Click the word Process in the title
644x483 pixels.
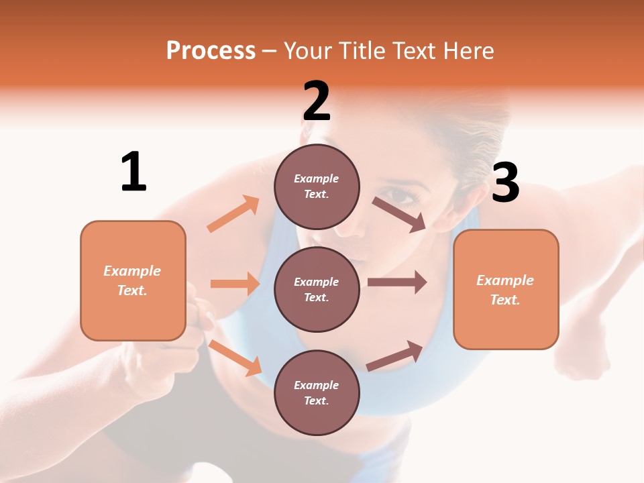(211, 50)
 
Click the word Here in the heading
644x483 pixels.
(468, 50)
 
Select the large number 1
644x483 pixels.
(133, 172)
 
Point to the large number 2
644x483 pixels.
(317, 102)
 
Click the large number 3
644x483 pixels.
(505, 183)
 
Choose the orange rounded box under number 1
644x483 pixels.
(133, 280)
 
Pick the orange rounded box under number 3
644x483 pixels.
(506, 290)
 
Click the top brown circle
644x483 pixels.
(317, 186)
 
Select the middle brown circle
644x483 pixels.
(317, 289)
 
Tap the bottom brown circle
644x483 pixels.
(317, 392)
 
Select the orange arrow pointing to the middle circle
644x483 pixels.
(235, 284)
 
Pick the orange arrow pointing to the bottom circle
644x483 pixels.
(235, 358)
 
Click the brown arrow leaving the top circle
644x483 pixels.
(398, 214)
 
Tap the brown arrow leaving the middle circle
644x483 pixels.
(396, 282)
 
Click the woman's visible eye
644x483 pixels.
(402, 196)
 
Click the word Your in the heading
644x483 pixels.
(307, 50)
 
